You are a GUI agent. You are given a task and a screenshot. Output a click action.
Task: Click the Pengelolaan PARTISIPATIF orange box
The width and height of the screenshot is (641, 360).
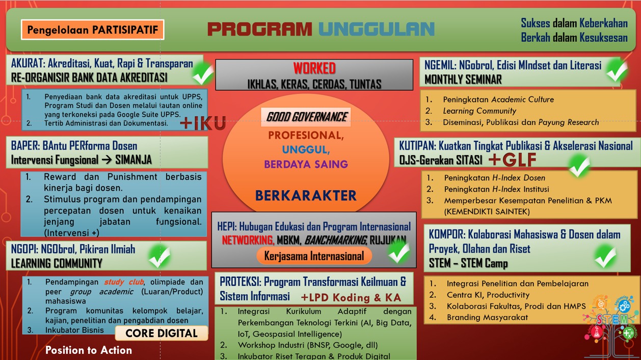click(x=92, y=30)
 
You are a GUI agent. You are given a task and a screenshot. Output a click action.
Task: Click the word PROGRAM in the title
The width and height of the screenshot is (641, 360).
click(x=259, y=29)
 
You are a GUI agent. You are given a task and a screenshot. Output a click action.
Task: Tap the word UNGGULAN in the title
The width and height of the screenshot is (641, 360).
click(x=377, y=29)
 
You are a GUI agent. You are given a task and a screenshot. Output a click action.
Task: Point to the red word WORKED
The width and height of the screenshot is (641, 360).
click(x=314, y=68)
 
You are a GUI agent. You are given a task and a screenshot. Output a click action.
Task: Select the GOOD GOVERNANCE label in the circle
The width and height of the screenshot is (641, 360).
click(x=307, y=117)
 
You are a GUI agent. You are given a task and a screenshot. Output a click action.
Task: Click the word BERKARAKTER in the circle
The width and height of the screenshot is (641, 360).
click(x=306, y=195)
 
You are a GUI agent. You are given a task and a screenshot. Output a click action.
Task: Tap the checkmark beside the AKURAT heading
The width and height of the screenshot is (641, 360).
click(x=202, y=74)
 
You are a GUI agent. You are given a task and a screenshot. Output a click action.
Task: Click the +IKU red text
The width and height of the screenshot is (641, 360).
click(x=202, y=123)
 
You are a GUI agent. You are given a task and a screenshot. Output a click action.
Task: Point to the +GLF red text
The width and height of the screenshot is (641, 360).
click(x=512, y=160)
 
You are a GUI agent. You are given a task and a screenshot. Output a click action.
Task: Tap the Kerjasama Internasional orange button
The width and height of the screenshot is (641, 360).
click(x=314, y=256)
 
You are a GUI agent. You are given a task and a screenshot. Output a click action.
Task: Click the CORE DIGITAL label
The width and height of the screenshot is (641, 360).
click(x=162, y=333)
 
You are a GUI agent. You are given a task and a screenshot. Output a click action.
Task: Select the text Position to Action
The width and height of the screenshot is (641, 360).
click(x=89, y=350)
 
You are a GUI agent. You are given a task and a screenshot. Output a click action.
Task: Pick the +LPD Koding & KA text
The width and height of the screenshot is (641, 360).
click(x=351, y=297)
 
